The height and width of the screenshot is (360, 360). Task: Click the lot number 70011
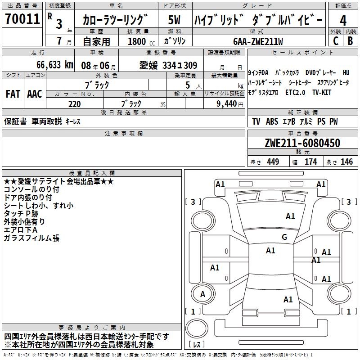point(22,19)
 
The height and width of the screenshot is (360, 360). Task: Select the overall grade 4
point(343,21)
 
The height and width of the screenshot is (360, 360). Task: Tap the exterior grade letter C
point(336,41)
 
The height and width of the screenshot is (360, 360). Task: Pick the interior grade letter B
point(350,41)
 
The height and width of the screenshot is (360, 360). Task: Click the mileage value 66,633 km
point(55,65)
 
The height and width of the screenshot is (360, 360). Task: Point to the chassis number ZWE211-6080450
point(302,143)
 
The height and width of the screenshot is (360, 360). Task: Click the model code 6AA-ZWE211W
point(258,41)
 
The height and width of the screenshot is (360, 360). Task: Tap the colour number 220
point(75,104)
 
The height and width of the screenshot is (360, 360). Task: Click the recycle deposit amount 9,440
point(227,104)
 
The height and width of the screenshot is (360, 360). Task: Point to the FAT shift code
point(13,94)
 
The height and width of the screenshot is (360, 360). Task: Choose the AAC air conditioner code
point(35,94)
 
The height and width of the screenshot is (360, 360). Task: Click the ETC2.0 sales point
point(295,92)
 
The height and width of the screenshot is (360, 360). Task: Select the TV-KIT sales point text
point(322,92)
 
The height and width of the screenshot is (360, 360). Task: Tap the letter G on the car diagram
point(284,237)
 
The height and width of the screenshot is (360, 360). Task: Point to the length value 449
point(273,162)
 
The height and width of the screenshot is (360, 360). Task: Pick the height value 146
point(346,162)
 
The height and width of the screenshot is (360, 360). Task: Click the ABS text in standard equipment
point(272,121)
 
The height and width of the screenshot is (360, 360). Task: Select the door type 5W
point(174,20)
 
